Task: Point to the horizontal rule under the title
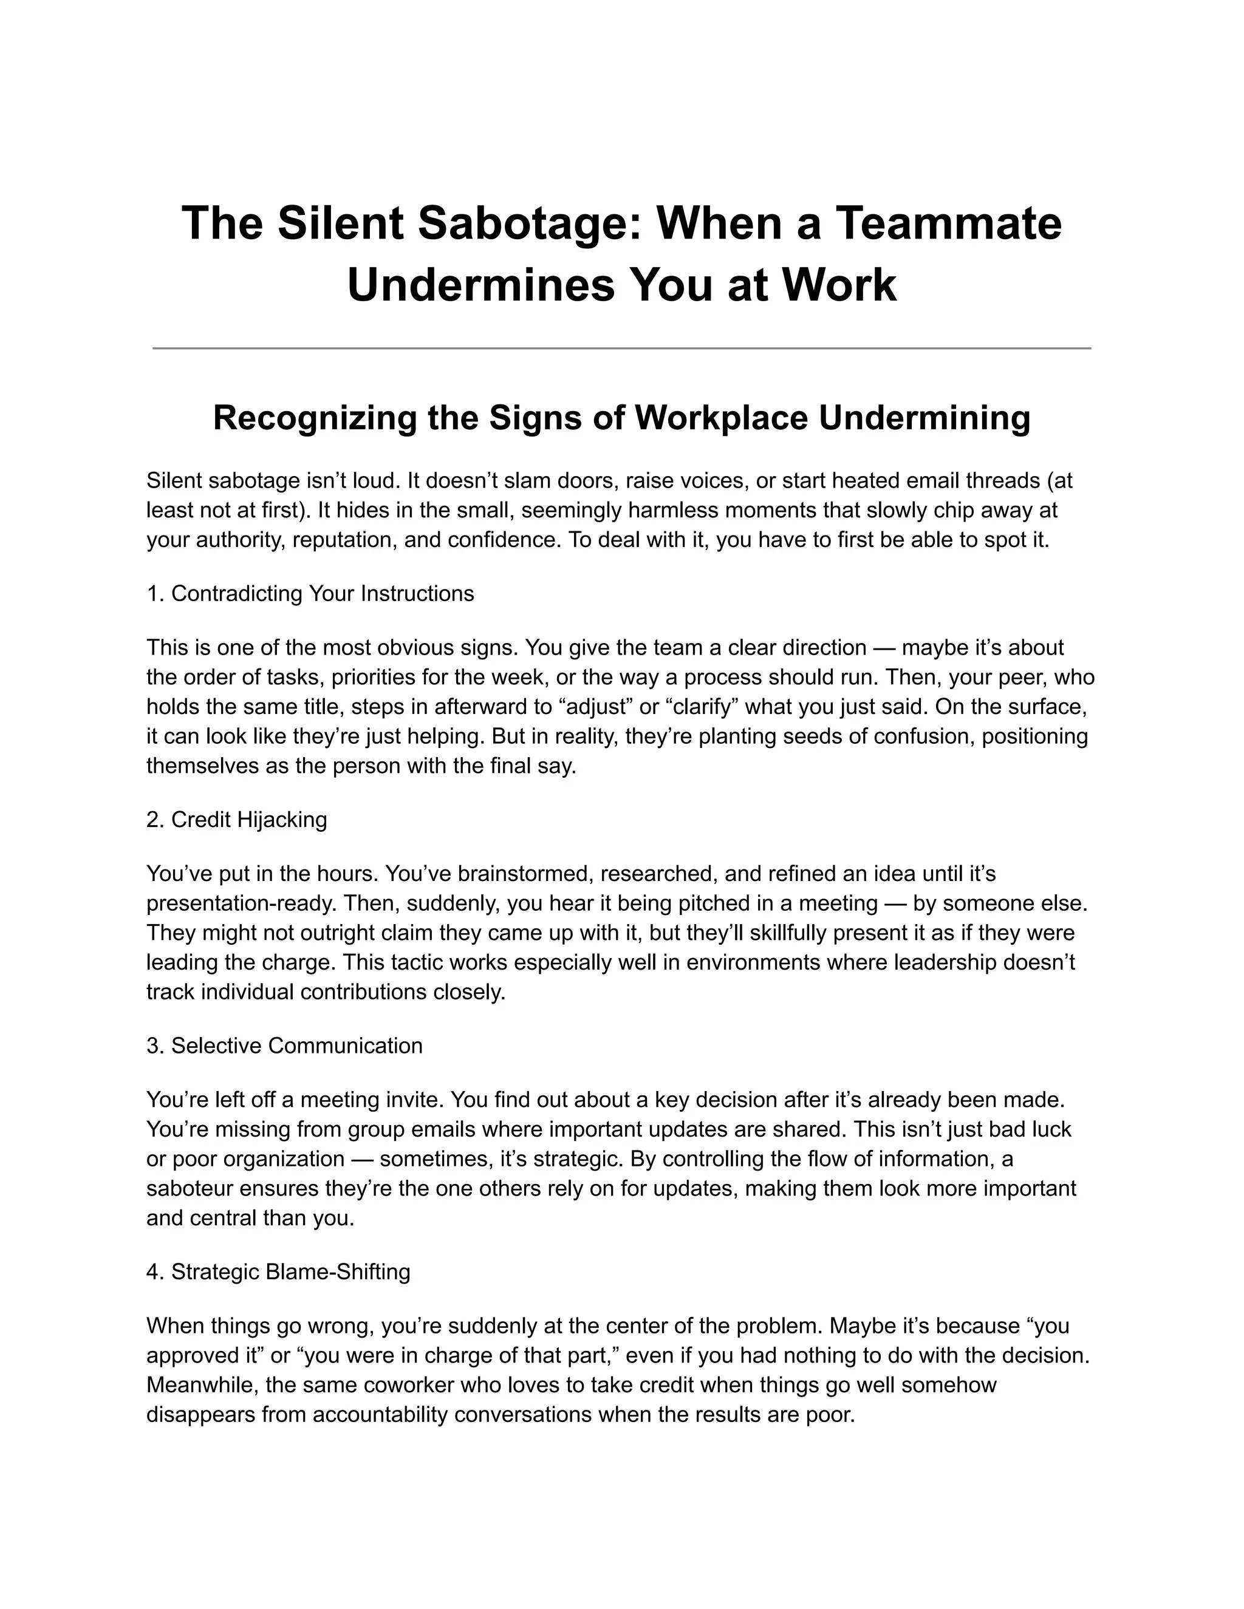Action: point(621,348)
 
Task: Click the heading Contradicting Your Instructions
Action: point(322,593)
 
